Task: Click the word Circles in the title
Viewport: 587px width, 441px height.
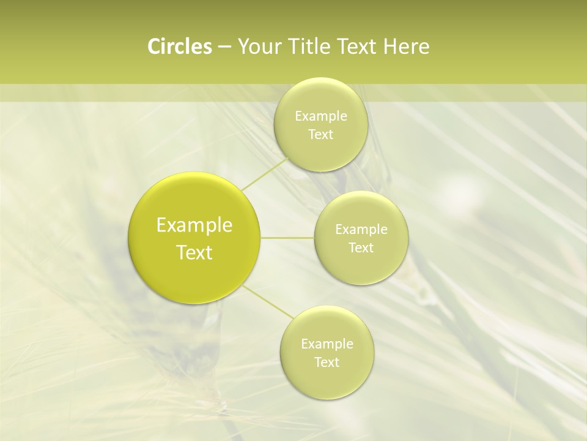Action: click(x=179, y=47)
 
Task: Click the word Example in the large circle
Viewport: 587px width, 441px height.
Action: click(x=194, y=225)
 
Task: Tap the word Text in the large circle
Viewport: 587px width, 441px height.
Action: click(x=194, y=252)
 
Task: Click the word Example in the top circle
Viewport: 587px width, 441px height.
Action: click(x=321, y=116)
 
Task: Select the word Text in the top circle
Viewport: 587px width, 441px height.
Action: click(x=320, y=134)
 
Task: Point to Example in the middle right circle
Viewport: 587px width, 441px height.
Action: click(x=361, y=230)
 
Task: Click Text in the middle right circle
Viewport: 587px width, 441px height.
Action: click(x=361, y=247)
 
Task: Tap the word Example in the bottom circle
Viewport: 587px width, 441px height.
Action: click(x=327, y=344)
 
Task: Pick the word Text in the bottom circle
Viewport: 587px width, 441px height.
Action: click(x=327, y=362)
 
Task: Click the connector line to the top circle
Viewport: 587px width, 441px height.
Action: click(x=264, y=173)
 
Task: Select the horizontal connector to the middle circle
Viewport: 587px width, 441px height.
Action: click(x=287, y=238)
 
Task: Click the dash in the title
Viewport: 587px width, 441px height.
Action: click(x=224, y=47)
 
